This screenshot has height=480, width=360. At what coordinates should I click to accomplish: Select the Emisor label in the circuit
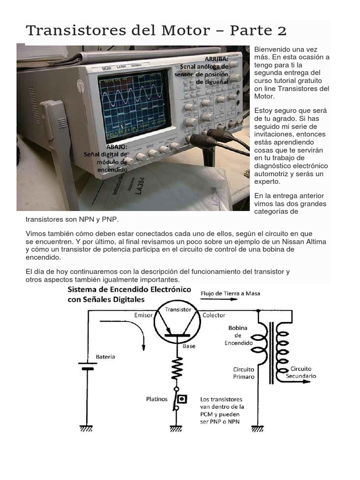click(143, 315)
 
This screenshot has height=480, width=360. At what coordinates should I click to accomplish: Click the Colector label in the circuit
click(214, 315)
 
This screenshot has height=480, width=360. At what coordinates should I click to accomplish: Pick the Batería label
click(105, 357)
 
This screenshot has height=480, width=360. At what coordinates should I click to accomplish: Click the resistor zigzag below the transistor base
click(178, 369)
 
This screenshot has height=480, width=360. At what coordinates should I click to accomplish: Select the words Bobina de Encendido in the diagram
click(239, 335)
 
